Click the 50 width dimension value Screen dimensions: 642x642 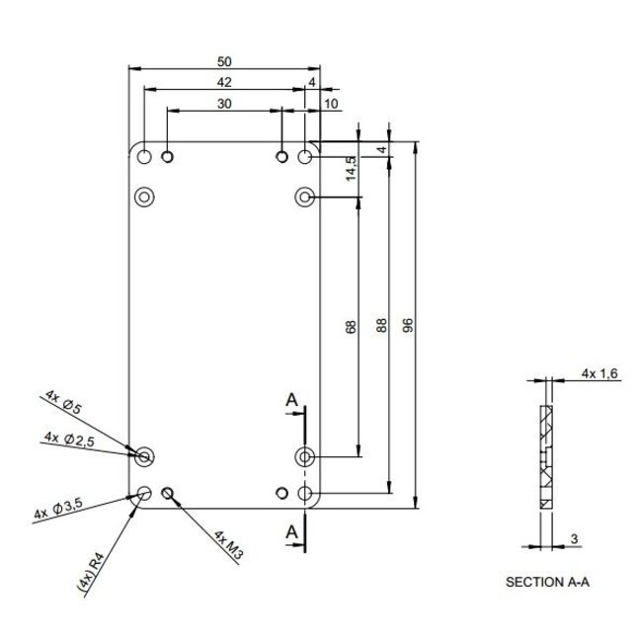[226, 62]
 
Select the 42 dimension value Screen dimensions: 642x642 [226, 82]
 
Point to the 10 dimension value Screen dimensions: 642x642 [329, 102]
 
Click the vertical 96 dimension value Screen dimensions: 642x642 [408, 326]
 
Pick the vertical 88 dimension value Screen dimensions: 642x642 [381, 326]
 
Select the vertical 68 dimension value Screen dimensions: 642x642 [353, 326]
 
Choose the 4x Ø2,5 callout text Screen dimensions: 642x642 [70, 439]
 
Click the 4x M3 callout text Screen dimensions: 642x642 [228, 544]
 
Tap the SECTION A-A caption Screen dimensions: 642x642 [547, 583]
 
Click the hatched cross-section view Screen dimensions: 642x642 [546, 454]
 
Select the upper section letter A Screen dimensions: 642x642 [291, 399]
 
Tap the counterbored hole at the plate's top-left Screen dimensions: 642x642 [144, 197]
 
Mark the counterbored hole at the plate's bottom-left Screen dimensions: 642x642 [144, 455]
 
